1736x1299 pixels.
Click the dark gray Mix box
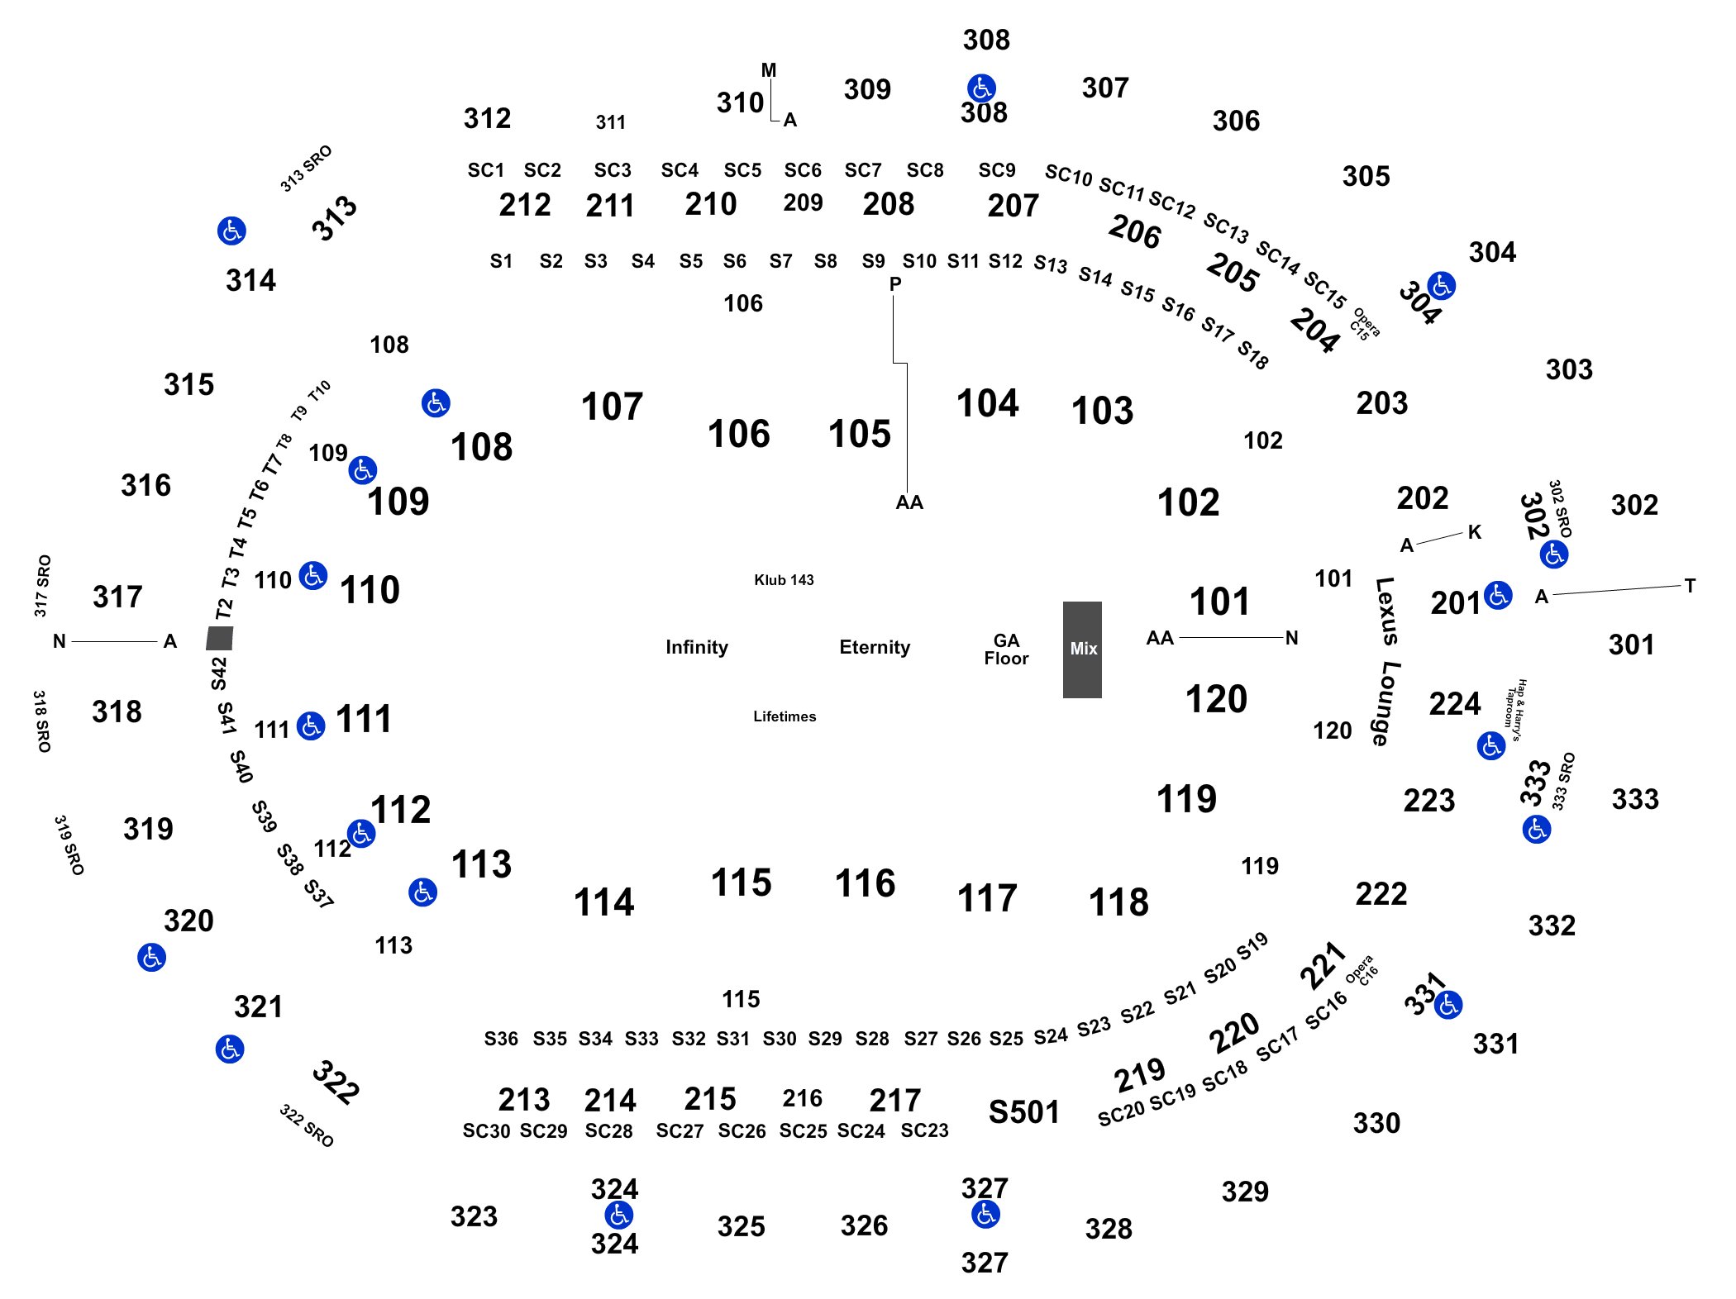pyautogui.click(x=1082, y=649)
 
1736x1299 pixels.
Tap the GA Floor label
pyautogui.click(x=1006, y=649)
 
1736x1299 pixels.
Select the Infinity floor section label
pyautogui.click(x=697, y=647)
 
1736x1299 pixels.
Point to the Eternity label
pyautogui.click(x=875, y=647)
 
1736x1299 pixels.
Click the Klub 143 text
pyautogui.click(x=784, y=580)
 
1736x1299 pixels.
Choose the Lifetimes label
pyautogui.click(x=785, y=716)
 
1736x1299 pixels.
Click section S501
pyautogui.click(x=1023, y=1112)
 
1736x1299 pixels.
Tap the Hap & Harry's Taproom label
pyautogui.click(x=1515, y=710)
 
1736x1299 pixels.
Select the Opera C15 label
pyautogui.click(x=1364, y=325)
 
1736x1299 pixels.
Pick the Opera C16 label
pyautogui.click(x=1362, y=971)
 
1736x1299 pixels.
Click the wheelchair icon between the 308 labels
pyautogui.click(x=981, y=88)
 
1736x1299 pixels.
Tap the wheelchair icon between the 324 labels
pyautogui.click(x=618, y=1216)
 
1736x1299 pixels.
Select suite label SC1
pyautogui.click(x=486, y=170)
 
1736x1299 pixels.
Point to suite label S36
pyautogui.click(x=501, y=1039)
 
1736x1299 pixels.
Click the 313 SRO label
pyautogui.click(x=306, y=169)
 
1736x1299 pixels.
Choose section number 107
pyautogui.click(x=612, y=407)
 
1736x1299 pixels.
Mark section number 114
pyautogui.click(x=603, y=902)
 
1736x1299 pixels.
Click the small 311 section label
pyautogui.click(x=611, y=122)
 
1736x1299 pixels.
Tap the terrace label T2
pyautogui.click(x=224, y=609)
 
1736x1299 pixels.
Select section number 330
pyautogui.click(x=1376, y=1123)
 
